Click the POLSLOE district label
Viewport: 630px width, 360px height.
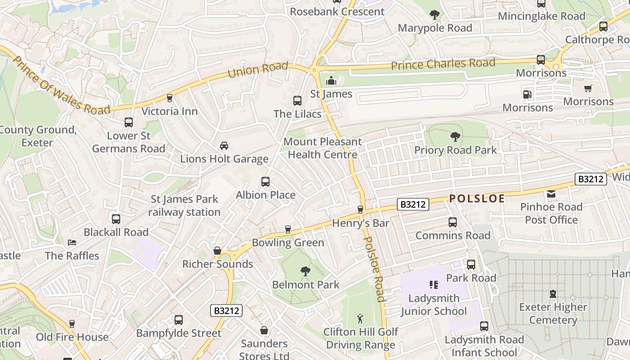[477, 198]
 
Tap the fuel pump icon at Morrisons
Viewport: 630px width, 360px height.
[527, 94]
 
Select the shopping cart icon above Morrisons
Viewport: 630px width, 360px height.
[588, 89]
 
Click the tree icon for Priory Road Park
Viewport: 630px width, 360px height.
[455, 137]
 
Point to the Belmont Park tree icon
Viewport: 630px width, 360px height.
[306, 271]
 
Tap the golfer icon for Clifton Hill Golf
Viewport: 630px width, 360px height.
[360, 319]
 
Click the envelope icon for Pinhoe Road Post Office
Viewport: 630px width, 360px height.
[551, 194]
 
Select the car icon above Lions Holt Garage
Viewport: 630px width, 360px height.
[224, 146]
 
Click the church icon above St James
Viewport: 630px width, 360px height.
[331, 81]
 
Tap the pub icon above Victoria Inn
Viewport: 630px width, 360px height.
[170, 98]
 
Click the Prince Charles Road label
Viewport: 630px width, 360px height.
[443, 64]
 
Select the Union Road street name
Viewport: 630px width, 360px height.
[258, 70]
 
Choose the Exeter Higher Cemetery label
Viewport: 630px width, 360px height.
[553, 314]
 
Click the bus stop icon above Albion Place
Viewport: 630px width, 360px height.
[265, 182]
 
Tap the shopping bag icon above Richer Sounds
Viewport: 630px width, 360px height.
[217, 251]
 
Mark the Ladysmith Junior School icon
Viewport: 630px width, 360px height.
[434, 285]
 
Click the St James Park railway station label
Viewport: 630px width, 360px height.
[184, 206]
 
